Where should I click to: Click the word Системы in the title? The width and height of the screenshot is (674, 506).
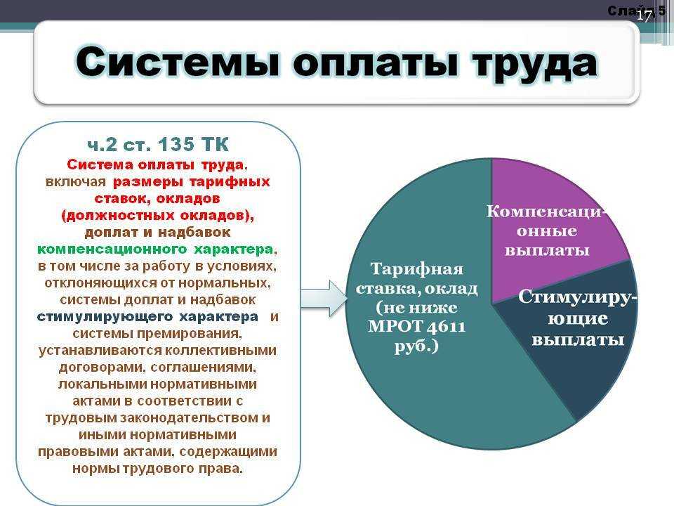click(178, 62)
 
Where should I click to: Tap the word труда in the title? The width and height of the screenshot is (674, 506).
click(534, 65)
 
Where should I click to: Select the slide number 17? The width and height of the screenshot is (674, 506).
click(644, 16)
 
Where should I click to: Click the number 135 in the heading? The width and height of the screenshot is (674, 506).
click(176, 144)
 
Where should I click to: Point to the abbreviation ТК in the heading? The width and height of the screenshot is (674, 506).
click(214, 144)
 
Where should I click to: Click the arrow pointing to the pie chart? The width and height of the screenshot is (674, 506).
click(323, 298)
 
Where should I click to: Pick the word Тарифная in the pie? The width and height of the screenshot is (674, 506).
click(416, 269)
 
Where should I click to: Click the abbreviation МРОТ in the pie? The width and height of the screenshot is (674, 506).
click(391, 327)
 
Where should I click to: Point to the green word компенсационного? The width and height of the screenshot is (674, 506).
click(112, 249)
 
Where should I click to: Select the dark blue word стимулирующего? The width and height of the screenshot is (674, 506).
click(105, 317)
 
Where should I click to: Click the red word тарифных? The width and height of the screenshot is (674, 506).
click(230, 182)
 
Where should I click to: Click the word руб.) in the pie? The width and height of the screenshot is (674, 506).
click(416, 346)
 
